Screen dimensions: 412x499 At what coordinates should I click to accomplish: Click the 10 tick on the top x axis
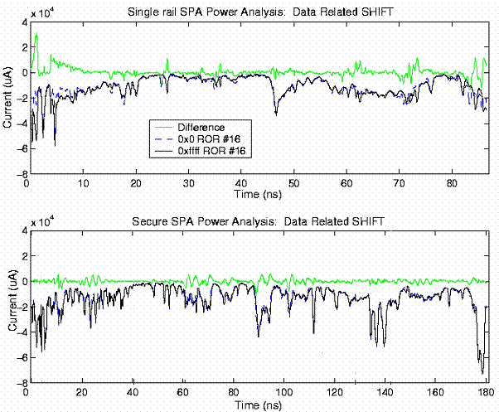click(x=83, y=183)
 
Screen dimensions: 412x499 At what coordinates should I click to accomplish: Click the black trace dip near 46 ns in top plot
click(x=276, y=113)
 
